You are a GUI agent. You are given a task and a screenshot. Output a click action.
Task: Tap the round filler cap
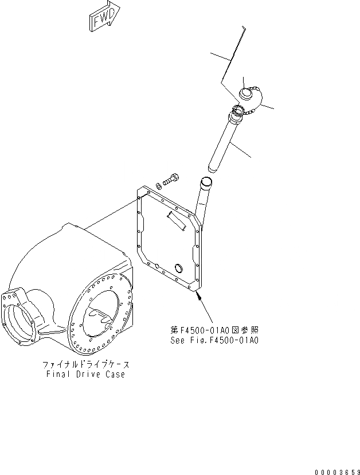point(249,94)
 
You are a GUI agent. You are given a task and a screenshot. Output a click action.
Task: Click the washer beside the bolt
point(162,182)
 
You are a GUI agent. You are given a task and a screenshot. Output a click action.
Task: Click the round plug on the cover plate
point(179,268)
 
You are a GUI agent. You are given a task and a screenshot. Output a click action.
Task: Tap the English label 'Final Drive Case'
point(85,374)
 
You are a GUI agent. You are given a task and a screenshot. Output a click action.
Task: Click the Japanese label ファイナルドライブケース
point(85,364)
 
